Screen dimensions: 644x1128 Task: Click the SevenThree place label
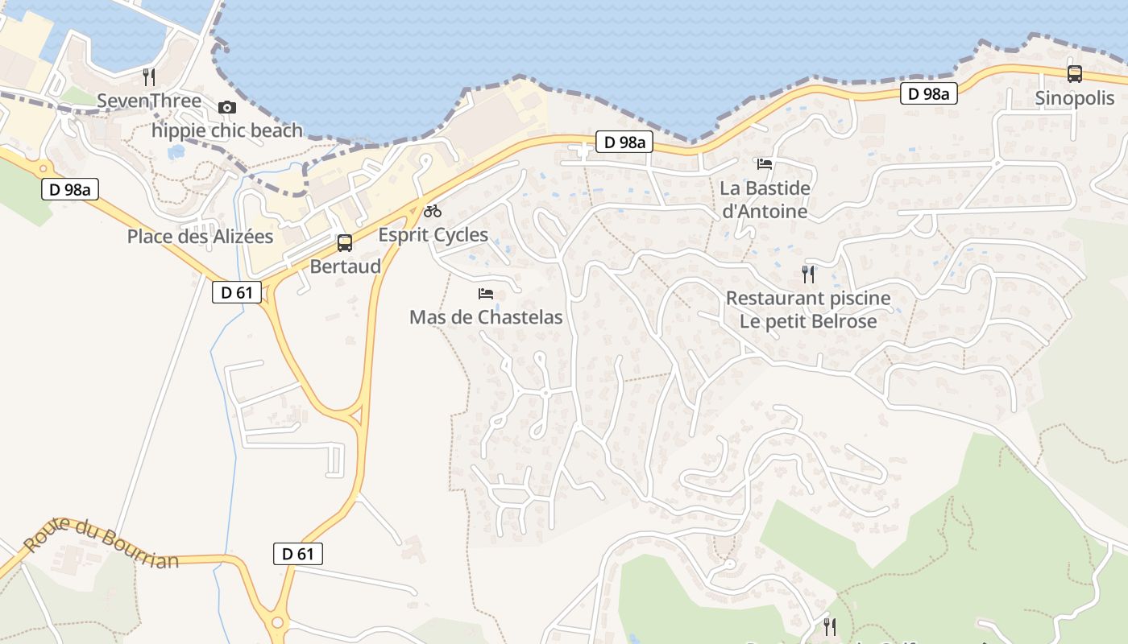tap(149, 101)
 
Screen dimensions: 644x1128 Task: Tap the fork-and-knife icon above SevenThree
tap(149, 77)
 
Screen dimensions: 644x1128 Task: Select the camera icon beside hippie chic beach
tap(227, 107)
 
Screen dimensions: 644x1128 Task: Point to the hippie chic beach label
tap(227, 130)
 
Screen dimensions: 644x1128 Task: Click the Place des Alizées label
tap(201, 237)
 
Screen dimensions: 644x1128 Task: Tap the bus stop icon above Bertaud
tap(345, 242)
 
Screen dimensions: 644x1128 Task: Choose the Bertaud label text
tap(345, 266)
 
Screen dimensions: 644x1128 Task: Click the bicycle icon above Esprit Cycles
tap(433, 211)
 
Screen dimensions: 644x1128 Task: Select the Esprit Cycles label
tap(433, 235)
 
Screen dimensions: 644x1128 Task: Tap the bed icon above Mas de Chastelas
tap(486, 293)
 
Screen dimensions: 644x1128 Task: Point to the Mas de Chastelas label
tap(486, 317)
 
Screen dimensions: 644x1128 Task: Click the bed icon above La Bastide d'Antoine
tap(765, 164)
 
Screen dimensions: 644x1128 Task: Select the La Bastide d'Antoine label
tap(765, 200)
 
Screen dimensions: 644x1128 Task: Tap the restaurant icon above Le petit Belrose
tap(808, 275)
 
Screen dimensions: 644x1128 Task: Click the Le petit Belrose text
tap(808, 321)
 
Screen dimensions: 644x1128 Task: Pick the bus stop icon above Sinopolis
tap(1074, 74)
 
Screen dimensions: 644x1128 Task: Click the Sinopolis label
tap(1074, 99)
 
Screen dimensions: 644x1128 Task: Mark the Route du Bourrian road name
tap(101, 543)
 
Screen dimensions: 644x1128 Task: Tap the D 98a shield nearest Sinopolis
tap(928, 94)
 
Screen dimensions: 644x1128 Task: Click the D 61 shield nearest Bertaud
tap(237, 292)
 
